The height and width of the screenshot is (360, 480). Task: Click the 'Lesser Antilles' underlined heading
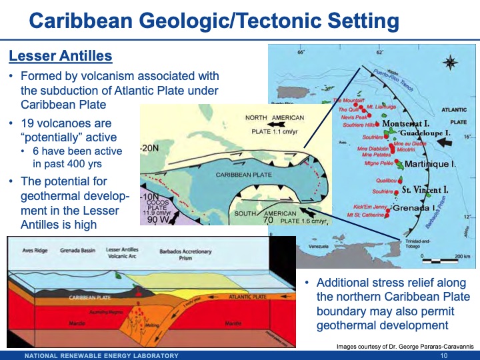pyautogui.click(x=60, y=55)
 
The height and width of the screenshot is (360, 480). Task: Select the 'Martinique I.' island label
pyautogui.click(x=430, y=163)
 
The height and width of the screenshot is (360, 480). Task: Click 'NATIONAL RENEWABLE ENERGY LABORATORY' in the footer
pyautogui.click(x=101, y=355)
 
